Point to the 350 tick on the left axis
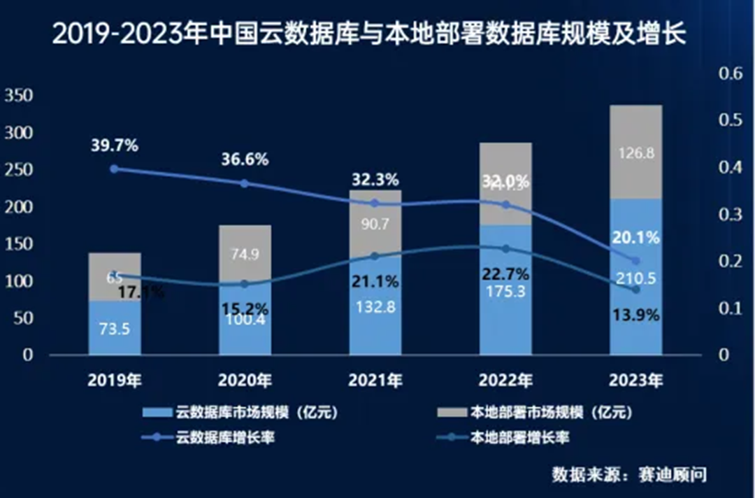18,97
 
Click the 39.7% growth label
114,146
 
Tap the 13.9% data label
635,315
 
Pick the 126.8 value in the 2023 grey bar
635,153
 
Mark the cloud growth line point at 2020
245,183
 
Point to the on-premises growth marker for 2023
635,290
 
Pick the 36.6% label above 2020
245,159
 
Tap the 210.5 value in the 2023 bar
635,279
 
